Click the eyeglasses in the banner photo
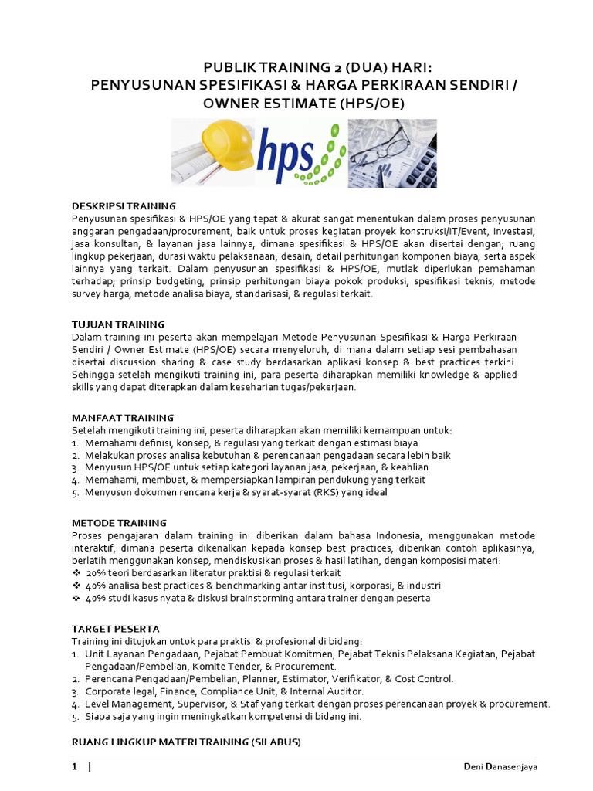tap(386, 143)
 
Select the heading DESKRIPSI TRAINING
tap(124, 206)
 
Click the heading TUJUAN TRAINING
tap(117, 324)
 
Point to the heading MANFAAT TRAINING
tap(122, 418)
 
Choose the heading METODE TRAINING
tap(119, 523)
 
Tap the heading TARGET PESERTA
tap(115, 629)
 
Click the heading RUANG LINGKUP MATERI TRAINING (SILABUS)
tap(185, 742)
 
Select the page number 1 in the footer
tap(75, 767)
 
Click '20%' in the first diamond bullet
tap(97, 573)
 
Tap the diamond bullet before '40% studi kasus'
tap(76, 598)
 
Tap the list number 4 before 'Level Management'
tap(75, 704)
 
